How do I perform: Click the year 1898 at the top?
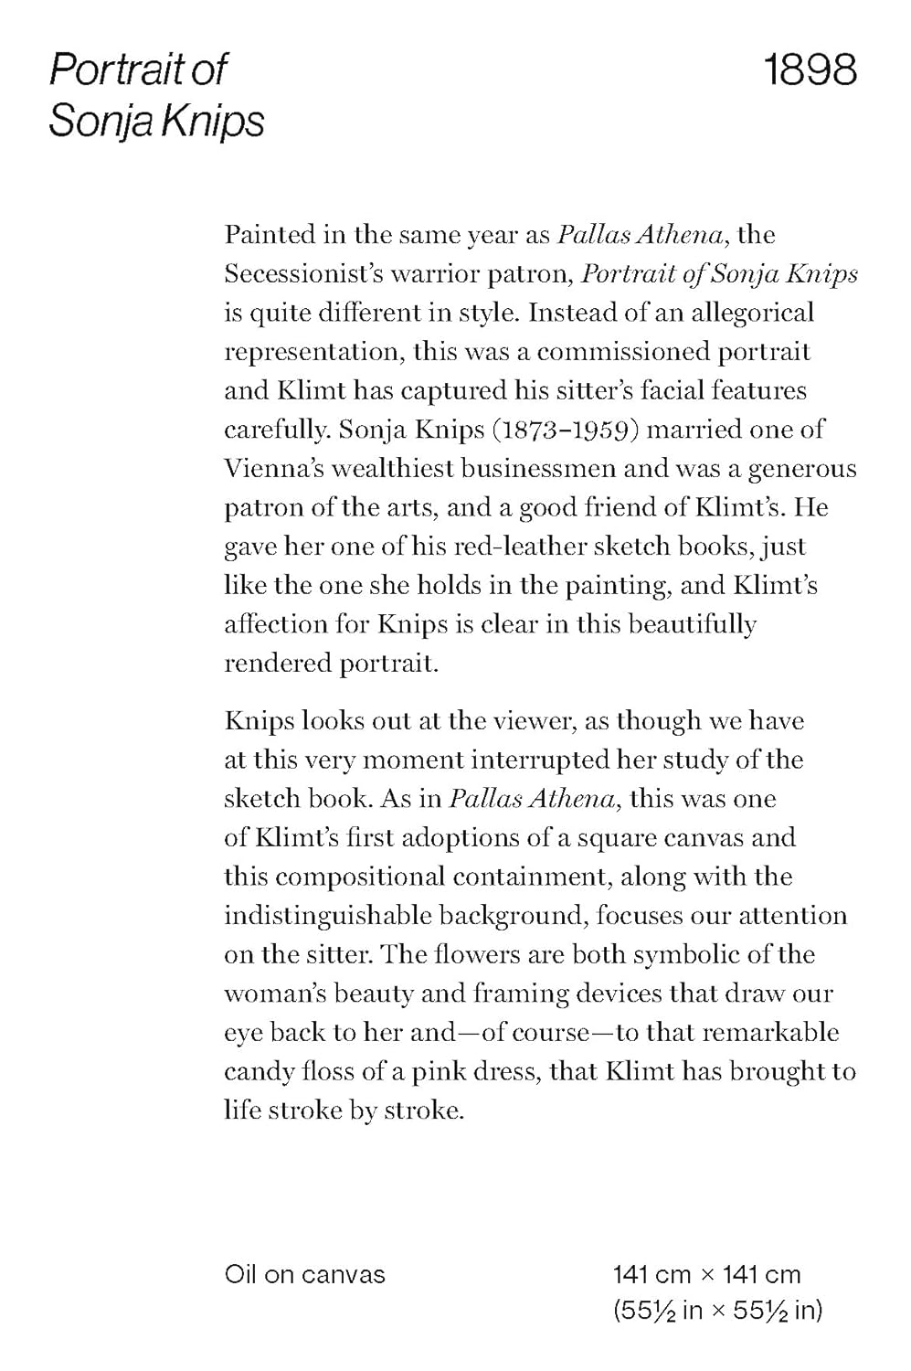pyautogui.click(x=810, y=69)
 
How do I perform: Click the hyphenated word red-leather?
pyautogui.click(x=519, y=547)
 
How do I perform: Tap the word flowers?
pyautogui.click(x=493, y=955)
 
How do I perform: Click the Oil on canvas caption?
pyautogui.click(x=304, y=1274)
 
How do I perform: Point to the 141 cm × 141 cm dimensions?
pyautogui.click(x=706, y=1274)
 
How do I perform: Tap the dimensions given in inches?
pyautogui.click(x=717, y=1311)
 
